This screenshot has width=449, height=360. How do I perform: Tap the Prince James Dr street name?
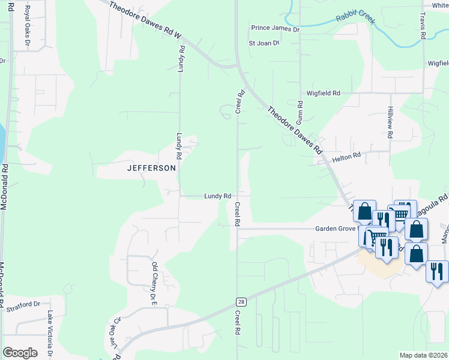pos(275,28)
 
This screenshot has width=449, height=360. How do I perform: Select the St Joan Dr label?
pos(264,43)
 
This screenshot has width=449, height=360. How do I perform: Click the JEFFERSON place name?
pos(152,169)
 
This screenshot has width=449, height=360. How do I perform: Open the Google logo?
pos(20,352)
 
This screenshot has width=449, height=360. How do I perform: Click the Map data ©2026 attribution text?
pos(423,355)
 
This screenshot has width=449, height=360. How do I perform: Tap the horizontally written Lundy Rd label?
pos(218,196)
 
